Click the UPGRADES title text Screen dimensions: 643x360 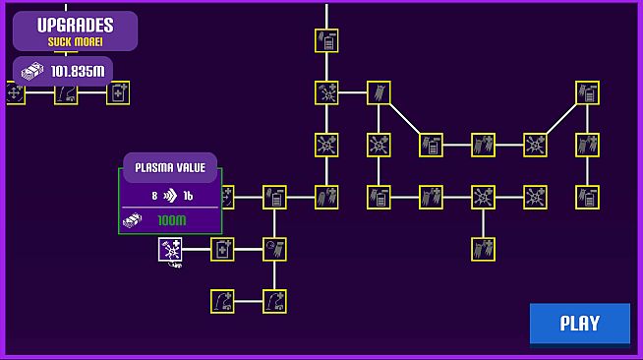point(75,26)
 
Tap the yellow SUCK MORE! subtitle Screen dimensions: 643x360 point(75,42)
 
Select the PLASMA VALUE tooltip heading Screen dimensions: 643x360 point(170,167)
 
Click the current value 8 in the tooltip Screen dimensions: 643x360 point(154,196)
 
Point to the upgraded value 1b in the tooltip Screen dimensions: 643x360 point(188,196)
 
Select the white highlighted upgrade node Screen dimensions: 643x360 point(171,250)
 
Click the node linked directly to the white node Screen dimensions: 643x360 point(223,250)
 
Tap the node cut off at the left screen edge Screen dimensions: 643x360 point(14,93)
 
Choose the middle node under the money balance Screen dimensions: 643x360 point(66,93)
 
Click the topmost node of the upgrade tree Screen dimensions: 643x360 point(326,40)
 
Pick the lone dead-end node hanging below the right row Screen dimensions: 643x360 point(483,249)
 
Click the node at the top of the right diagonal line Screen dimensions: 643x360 point(588,93)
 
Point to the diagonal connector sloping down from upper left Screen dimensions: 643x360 point(405,119)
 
